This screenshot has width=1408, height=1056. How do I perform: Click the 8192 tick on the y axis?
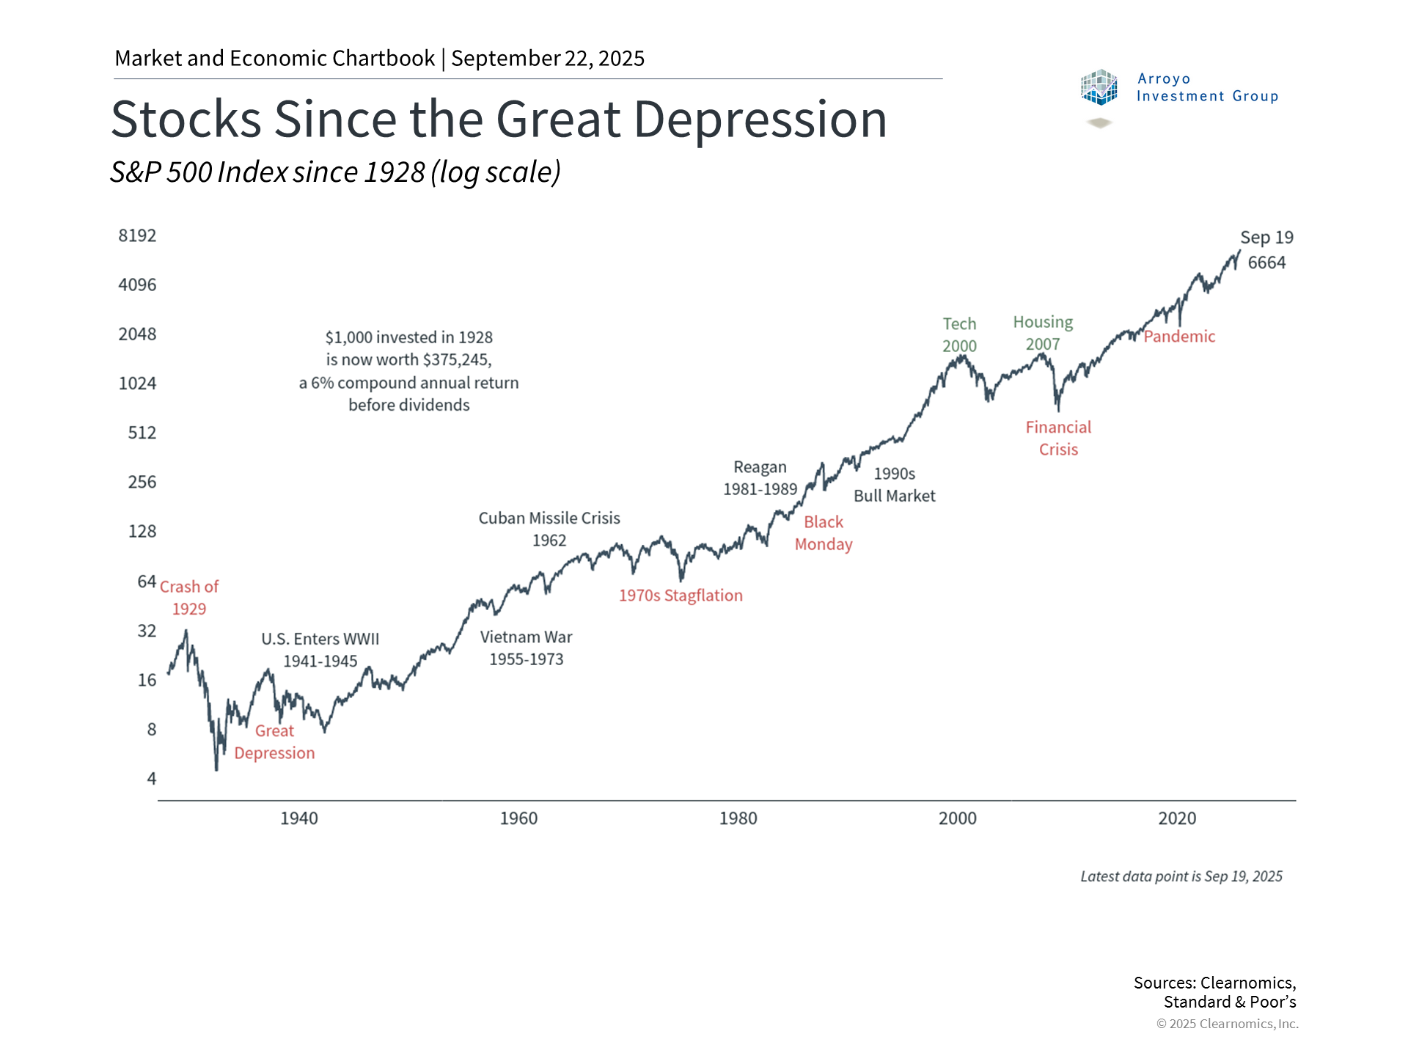137,235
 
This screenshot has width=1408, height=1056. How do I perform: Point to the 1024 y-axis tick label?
137,384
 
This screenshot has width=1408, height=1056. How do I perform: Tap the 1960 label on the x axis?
518,818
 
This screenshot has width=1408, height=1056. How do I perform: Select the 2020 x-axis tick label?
1176,818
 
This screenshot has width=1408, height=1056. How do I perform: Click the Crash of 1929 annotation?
189,598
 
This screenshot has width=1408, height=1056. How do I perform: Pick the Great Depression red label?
274,742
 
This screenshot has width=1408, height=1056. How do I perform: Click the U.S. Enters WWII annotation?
320,650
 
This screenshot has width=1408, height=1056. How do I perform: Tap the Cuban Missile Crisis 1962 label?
549,529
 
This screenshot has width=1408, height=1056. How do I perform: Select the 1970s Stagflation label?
681,595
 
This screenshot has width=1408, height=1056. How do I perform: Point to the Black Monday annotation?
824,533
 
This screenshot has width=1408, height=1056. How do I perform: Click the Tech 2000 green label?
959,334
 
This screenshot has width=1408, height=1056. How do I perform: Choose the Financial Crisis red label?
1058,438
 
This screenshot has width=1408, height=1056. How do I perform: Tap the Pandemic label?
1179,337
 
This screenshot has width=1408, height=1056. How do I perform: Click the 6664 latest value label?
1266,263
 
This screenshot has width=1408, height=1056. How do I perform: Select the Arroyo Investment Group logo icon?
1099,87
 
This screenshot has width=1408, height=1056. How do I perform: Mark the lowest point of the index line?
216,769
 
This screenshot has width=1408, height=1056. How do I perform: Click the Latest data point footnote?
1181,876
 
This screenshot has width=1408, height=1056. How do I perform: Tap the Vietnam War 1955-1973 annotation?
527,648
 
